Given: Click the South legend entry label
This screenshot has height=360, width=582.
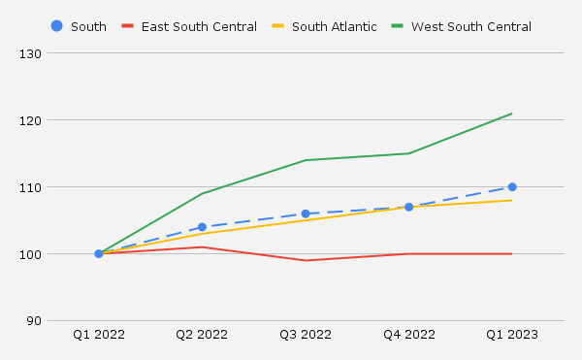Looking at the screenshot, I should (88, 26).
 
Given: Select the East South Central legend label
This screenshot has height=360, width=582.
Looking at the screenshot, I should (199, 26).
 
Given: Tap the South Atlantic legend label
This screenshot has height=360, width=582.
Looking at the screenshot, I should (334, 26).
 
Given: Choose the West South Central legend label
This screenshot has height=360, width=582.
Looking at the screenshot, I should (471, 26).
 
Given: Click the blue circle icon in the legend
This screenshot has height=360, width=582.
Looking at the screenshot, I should (56, 26).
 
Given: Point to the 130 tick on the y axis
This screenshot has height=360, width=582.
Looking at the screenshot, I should (57, 53).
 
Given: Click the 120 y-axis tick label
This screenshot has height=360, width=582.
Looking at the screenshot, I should (57, 120).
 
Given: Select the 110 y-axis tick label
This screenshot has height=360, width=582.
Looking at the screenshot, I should (57, 187).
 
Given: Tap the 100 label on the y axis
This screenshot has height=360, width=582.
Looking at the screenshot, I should (57, 254).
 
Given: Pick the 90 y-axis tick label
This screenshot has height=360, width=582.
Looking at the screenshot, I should (60, 321).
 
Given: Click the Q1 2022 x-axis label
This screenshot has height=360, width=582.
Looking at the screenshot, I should (99, 335).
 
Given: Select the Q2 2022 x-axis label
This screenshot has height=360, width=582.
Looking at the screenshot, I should (202, 335).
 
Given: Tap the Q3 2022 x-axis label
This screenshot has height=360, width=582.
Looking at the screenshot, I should (306, 335).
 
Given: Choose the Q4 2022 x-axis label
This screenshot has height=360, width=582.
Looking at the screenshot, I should (408, 335).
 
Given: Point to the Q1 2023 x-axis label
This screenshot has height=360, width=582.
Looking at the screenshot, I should (512, 335).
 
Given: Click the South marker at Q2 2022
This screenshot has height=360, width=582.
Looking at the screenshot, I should (202, 227).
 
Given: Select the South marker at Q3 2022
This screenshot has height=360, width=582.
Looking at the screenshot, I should (306, 213).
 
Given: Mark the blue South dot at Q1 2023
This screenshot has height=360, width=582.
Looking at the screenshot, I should (512, 187).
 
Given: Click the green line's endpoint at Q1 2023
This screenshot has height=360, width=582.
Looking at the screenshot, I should (512, 114).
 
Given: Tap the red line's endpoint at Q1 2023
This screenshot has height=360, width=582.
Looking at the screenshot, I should (512, 254).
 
